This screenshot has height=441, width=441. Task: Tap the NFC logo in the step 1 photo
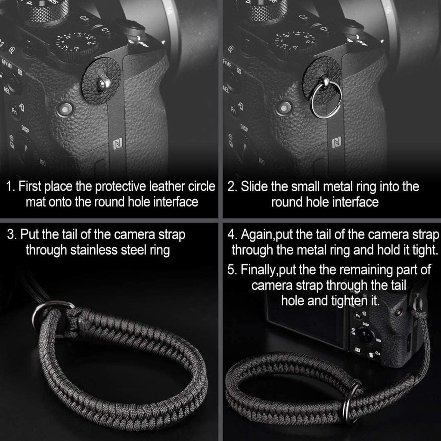point(117,145)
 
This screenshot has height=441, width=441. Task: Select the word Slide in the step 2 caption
point(256,187)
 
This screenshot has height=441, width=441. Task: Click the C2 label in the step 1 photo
point(85,19)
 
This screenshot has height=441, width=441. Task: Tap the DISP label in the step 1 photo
point(25,129)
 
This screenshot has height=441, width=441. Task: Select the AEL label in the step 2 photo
point(226,89)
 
